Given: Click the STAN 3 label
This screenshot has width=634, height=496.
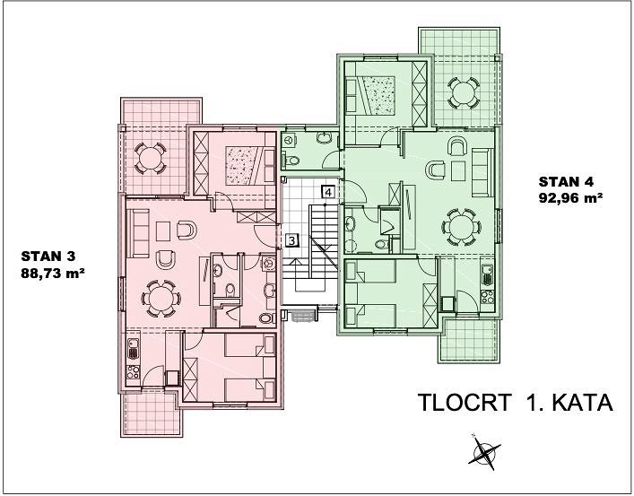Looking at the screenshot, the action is click(x=48, y=257).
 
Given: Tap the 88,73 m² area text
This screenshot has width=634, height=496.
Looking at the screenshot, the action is click(x=53, y=274).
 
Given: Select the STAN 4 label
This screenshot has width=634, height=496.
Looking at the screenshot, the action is click(x=566, y=182).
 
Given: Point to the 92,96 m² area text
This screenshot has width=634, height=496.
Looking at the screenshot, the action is click(x=570, y=198).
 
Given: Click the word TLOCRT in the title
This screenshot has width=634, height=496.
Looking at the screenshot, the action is click(x=465, y=403).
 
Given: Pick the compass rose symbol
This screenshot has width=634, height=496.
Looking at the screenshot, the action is click(x=484, y=452).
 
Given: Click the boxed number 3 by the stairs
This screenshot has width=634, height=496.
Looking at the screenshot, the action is click(x=291, y=240).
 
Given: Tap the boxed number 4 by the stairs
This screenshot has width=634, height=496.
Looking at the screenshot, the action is click(x=328, y=191).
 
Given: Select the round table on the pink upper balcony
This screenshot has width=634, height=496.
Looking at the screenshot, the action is click(x=150, y=158).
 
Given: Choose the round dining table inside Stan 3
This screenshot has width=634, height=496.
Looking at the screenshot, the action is click(x=161, y=299).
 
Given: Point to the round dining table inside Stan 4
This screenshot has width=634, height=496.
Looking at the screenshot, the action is click(x=461, y=227).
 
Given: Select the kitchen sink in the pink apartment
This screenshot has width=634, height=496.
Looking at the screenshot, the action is click(x=134, y=349).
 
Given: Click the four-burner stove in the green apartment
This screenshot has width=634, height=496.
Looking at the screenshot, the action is click(x=487, y=296).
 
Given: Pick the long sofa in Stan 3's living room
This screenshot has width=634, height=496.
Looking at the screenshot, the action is click(x=137, y=233).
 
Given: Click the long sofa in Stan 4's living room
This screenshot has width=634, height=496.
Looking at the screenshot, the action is click(x=482, y=172).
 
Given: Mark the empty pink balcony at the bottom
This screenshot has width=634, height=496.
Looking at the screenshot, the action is click(x=151, y=413).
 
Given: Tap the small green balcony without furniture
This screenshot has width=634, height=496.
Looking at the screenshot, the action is click(x=469, y=340).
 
